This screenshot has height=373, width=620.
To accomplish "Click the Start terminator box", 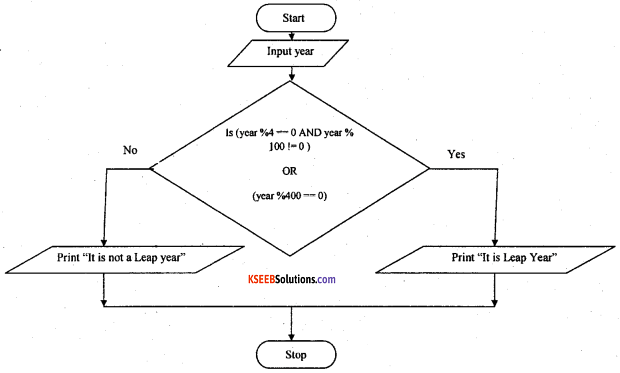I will (x=292, y=17).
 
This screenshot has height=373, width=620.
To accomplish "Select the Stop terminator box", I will (x=292, y=354).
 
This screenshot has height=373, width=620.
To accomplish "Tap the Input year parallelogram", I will (x=292, y=51).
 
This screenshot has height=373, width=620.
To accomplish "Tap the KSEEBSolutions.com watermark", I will (x=291, y=279).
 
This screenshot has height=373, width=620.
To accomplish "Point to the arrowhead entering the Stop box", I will (x=292, y=337).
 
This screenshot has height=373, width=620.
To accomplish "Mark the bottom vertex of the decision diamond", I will (x=292, y=255).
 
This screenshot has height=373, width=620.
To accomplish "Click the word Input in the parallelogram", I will (x=279, y=51).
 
